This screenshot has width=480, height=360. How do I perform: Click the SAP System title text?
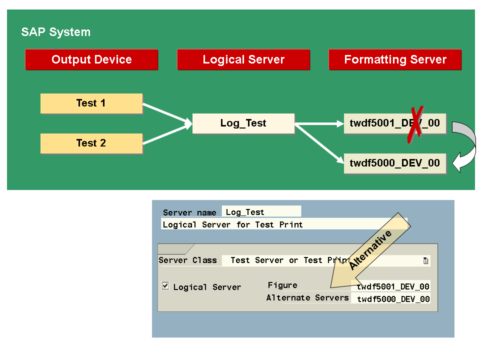tap(55, 32)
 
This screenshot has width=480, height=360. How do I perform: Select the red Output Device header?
tap(91, 59)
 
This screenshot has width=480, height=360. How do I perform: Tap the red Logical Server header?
tap(243, 59)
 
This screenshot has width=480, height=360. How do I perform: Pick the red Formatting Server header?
tap(395, 59)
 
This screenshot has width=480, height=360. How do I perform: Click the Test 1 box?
tap(91, 103)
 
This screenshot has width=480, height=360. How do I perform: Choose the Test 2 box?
tap(91, 143)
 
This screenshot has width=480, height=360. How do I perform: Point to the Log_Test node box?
tap(243, 123)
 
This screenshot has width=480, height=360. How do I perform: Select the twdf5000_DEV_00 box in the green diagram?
tap(395, 163)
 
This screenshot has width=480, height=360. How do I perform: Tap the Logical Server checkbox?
tap(165, 286)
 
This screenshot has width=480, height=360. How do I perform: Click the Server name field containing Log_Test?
tap(261, 212)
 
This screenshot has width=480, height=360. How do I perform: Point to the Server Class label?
tap(188, 260)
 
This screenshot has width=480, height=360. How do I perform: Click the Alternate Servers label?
tap(307, 297)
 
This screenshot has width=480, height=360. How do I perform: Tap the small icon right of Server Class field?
tap(425, 260)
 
